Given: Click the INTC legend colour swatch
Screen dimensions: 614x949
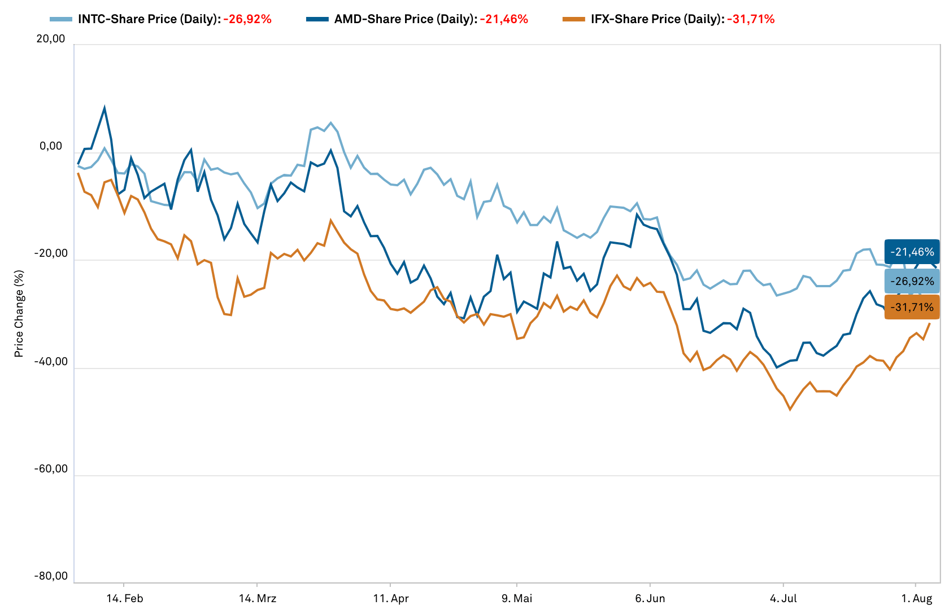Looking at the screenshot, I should tap(61, 19).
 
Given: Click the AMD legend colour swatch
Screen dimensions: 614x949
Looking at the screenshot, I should tap(317, 19).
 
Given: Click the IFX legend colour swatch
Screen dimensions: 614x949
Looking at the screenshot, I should tap(574, 19).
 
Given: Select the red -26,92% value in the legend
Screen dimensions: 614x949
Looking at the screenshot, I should tap(247, 19).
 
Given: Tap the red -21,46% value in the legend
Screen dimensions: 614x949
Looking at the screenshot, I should tap(504, 19).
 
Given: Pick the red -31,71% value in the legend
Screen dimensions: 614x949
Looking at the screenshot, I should tap(751, 19).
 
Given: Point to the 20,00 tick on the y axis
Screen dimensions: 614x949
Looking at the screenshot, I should tap(51, 39).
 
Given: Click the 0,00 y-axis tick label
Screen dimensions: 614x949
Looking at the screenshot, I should tap(51, 147).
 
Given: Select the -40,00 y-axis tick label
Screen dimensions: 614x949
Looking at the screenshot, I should tap(51, 362).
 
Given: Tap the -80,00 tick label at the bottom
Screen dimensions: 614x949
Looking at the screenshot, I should tap(51, 576).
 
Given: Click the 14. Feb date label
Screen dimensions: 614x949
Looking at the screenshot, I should tap(125, 599).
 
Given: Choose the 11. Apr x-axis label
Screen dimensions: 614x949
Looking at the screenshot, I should tap(391, 599).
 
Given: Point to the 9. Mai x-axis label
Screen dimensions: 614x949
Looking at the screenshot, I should tap(517, 599).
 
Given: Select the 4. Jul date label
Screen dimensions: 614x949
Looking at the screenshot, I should tap(783, 599).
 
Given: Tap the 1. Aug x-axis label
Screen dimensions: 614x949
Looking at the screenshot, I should tap(916, 599).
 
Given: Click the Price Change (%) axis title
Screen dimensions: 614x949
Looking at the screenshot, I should tap(19, 314).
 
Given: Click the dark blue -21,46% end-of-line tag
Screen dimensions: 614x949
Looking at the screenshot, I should tap(912, 252).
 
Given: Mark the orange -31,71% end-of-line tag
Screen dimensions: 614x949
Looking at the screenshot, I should tap(912, 308).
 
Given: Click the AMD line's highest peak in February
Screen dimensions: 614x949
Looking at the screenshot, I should tap(105, 108).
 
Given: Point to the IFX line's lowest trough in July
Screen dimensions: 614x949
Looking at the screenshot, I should tap(790, 409).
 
